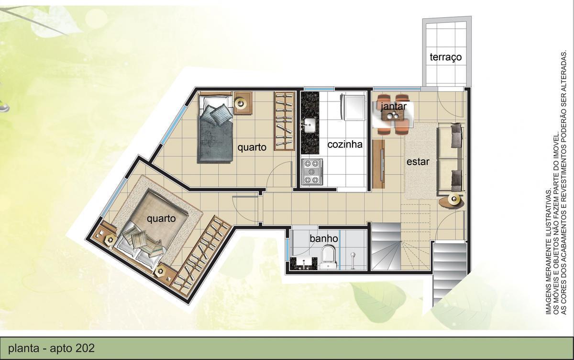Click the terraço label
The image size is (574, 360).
tap(445, 57)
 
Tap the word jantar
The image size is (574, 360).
tap(394, 106)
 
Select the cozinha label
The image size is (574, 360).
tap(345, 144)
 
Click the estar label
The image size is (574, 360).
tap(418, 162)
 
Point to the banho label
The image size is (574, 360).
tap(324, 238)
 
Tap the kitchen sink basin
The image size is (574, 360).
tap(309, 126)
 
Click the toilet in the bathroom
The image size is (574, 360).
tap(329, 256)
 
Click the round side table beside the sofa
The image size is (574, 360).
tap(452, 201)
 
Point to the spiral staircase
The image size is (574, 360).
tap(401, 248)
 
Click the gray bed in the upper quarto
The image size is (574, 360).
tap(214, 129)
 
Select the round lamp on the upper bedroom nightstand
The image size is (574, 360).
tap(243, 103)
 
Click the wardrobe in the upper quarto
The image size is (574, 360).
tap(284, 122)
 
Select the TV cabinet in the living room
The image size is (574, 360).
tap(379, 164)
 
